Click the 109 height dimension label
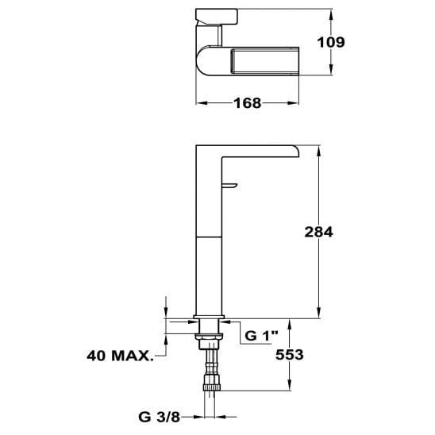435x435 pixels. (331, 42)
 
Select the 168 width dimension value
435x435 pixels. (248, 103)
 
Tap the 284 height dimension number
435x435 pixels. (318, 232)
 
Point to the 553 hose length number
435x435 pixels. (290, 355)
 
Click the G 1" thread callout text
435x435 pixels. (261, 336)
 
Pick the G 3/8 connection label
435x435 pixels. (160, 417)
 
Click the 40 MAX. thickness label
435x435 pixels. (120, 356)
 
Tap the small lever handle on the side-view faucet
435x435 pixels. (229, 186)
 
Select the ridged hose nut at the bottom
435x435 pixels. (212, 383)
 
